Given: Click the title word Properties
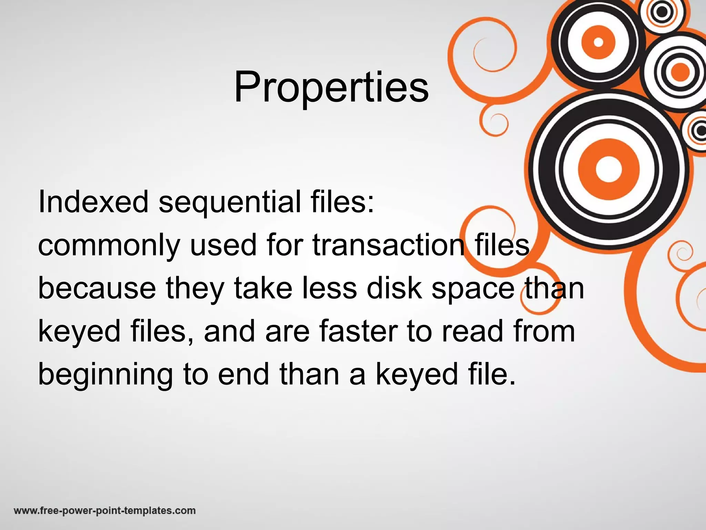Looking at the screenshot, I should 331,87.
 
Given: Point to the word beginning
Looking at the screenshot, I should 105,375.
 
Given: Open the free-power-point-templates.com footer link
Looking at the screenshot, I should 105,510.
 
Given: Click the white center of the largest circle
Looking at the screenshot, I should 608,169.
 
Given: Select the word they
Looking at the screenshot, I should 195,289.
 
